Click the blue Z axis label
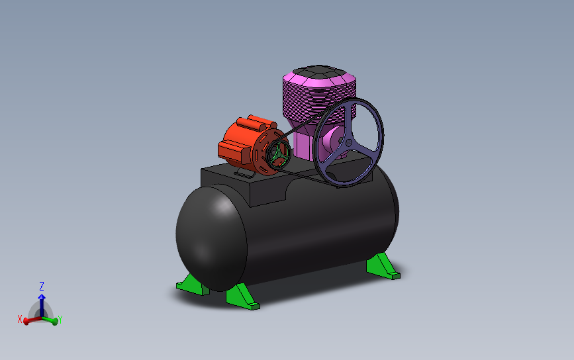click(41, 287)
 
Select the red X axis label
click(20, 319)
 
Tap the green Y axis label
click(60, 319)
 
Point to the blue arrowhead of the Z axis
click(41, 297)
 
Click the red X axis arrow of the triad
click(29, 320)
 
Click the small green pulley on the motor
click(279, 155)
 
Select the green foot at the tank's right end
click(383, 268)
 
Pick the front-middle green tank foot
click(242, 297)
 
